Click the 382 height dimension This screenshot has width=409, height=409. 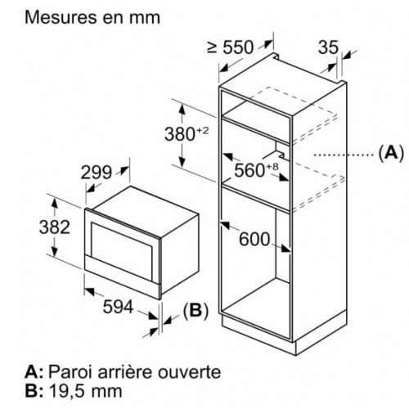pos(55,227)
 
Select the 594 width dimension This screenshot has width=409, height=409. pos(118,306)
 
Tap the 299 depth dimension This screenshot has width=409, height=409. pos(97,173)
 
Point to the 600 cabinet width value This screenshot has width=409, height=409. pos(254,239)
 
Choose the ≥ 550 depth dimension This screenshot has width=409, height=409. pos(231,47)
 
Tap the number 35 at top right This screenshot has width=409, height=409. pos(328,47)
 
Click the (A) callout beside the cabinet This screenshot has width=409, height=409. pos(391,153)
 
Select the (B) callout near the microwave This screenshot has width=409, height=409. pos(196,310)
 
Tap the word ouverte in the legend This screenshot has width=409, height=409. pos(189,372)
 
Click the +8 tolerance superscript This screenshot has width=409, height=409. pos(272,166)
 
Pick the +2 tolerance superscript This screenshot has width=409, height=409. pos(202,131)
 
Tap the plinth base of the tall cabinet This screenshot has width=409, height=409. pos(259,334)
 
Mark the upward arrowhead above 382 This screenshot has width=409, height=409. pos(55,204)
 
